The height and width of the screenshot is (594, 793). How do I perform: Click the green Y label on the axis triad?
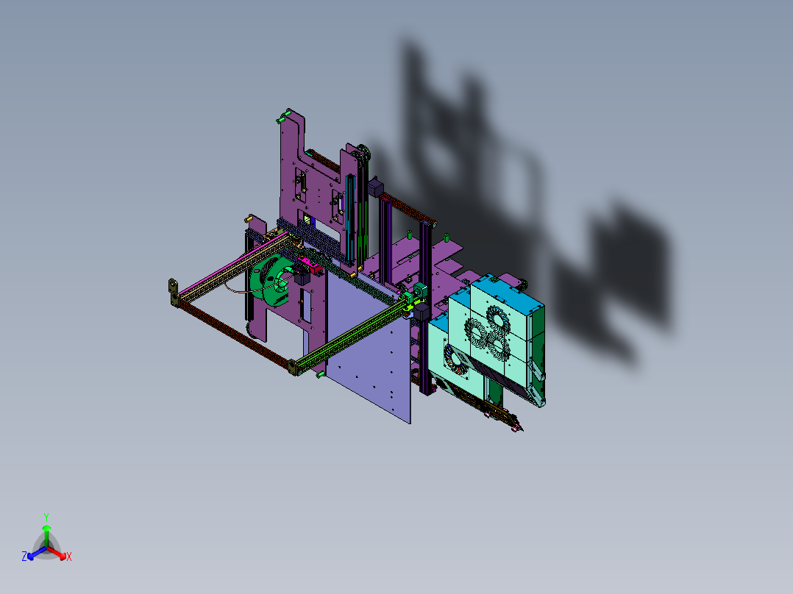tap(46, 516)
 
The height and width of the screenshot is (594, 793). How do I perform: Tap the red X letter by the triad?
tap(69, 557)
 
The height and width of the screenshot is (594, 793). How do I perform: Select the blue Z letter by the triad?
tap(24, 557)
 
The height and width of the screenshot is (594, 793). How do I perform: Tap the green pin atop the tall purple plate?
tap(280, 116)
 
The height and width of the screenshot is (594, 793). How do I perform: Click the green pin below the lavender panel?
tap(321, 375)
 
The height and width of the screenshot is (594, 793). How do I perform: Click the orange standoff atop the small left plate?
tap(249, 218)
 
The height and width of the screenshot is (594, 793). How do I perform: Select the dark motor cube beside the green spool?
tap(301, 279)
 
